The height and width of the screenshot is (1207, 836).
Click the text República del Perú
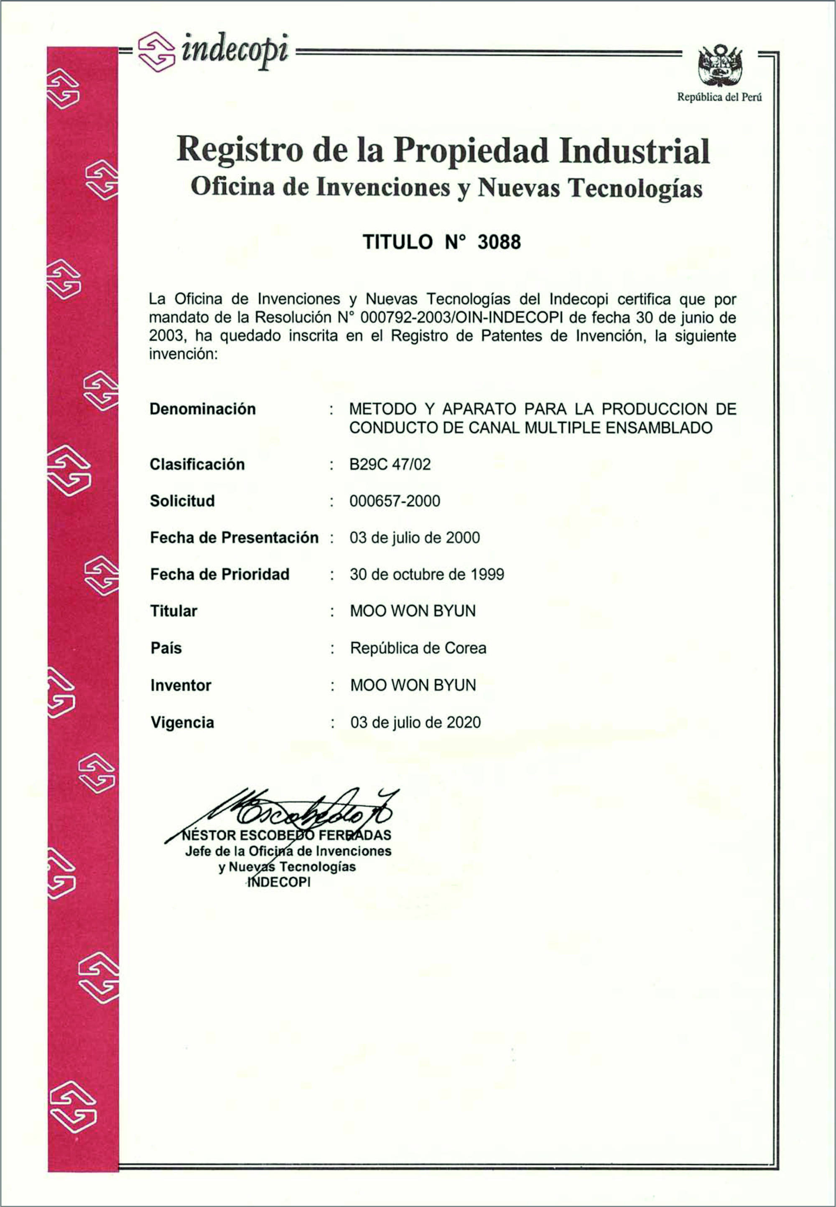tap(719, 97)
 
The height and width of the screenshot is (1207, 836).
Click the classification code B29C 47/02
tap(390, 464)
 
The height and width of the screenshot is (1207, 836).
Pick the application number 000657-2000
tap(395, 501)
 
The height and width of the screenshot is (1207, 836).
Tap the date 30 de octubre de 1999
tap(427, 574)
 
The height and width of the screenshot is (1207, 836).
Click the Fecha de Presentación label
tap(234, 538)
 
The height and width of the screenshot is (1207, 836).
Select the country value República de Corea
tap(418, 648)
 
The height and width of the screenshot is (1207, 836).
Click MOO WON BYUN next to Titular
tap(413, 611)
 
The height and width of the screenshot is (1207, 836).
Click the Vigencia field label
tap(182, 723)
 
